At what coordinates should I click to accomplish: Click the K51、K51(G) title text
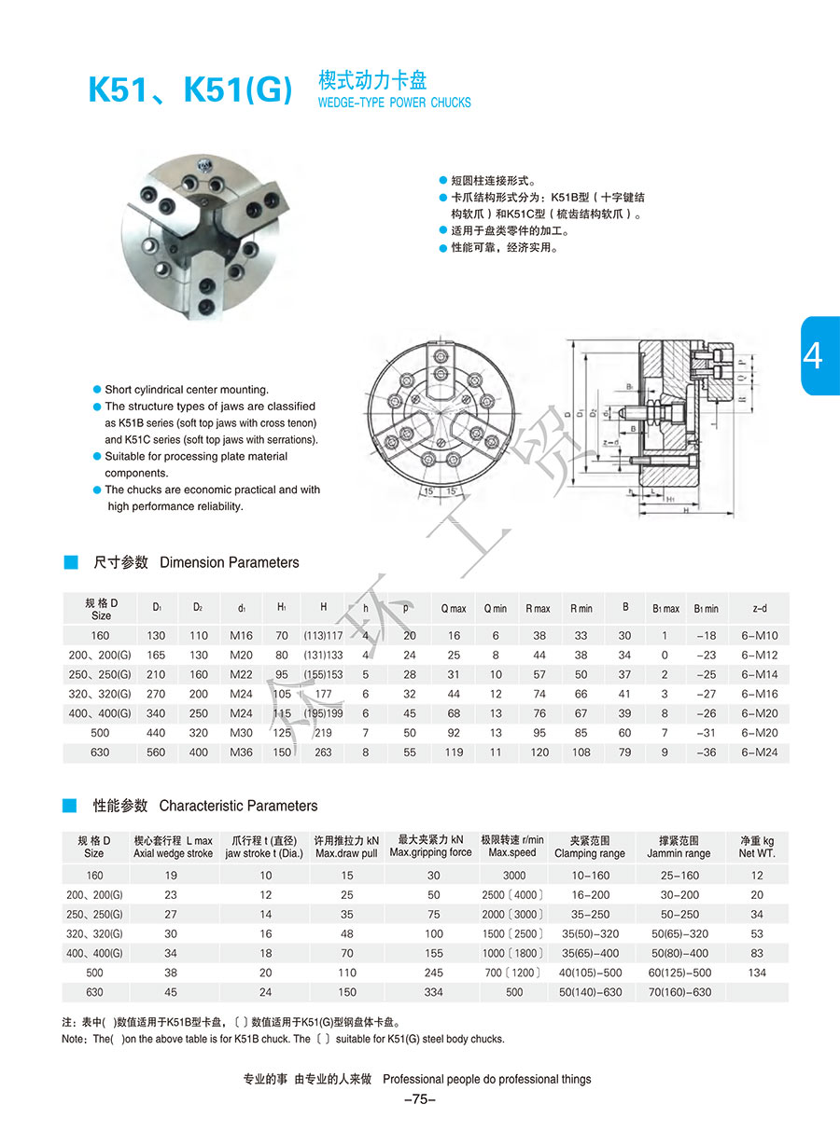click(189, 90)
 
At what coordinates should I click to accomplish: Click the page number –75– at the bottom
click(420, 1099)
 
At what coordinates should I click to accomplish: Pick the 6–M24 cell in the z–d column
click(759, 752)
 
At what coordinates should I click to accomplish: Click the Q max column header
click(454, 609)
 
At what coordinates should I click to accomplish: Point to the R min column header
click(581, 609)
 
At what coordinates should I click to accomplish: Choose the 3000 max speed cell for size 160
click(513, 876)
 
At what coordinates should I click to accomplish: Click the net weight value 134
click(757, 973)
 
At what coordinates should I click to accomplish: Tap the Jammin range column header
click(679, 847)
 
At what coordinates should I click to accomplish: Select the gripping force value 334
click(433, 992)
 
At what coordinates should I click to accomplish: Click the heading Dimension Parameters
click(230, 562)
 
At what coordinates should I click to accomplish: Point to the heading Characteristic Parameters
click(238, 806)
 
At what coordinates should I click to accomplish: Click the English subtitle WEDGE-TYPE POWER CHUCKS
click(395, 103)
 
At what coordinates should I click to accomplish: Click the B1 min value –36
click(706, 752)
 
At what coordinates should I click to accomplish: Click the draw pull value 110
click(347, 973)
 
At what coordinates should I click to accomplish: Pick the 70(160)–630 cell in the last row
click(679, 992)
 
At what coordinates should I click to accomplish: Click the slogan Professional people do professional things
click(486, 1079)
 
